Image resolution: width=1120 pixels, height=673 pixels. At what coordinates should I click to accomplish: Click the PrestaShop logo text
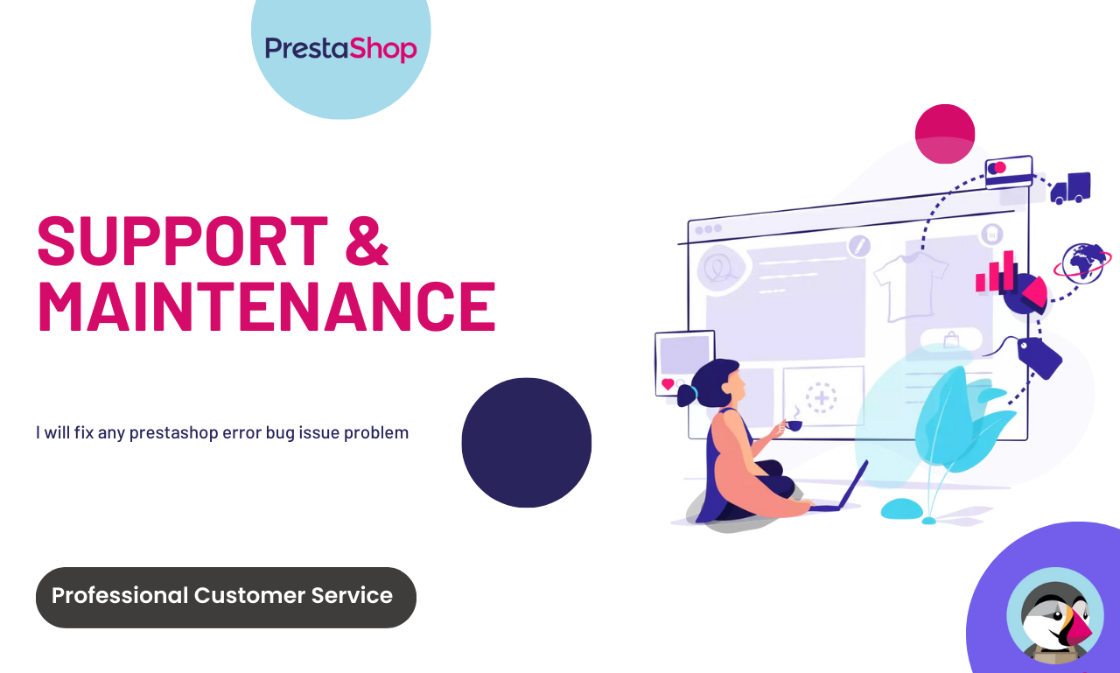pos(340,49)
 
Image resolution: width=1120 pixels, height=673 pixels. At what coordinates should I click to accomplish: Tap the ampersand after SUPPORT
pos(367,241)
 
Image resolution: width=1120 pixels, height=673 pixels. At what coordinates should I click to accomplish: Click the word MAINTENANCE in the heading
pos(267,306)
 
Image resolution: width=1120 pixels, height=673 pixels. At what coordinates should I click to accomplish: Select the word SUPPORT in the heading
pos(183,241)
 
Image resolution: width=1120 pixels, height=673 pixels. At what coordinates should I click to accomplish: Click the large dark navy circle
pos(527,443)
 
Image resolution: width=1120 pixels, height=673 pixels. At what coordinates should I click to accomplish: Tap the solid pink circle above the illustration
pos(945,134)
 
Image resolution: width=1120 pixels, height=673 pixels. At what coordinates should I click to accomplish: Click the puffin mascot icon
pos(1055,616)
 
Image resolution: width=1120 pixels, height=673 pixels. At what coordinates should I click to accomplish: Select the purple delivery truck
pos(1070,188)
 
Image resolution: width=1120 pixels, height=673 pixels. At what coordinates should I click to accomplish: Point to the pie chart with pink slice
pos(1025,293)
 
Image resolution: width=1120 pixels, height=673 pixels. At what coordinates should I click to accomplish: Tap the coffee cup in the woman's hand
pos(794,425)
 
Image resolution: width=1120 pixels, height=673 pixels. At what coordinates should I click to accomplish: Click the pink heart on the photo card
pos(668,384)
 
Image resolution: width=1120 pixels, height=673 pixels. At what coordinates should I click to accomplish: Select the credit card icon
pos(1009,172)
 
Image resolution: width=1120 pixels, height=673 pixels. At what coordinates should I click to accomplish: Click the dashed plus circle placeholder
pos(821,398)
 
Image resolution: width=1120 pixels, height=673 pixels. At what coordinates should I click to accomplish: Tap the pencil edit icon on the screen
pos(859,246)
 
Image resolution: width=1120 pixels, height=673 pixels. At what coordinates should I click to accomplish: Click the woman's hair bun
pos(687,396)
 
